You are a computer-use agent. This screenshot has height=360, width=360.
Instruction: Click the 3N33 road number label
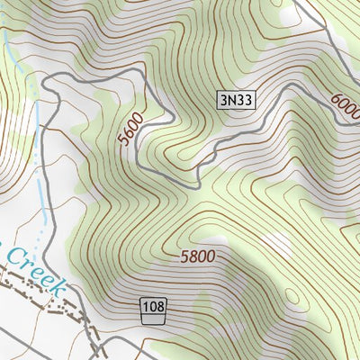(x=236, y=100)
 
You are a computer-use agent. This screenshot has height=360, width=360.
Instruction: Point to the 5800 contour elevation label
(x=197, y=256)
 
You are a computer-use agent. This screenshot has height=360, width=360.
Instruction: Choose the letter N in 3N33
(x=230, y=100)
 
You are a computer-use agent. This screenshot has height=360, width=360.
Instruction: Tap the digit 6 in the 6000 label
(x=336, y=100)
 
